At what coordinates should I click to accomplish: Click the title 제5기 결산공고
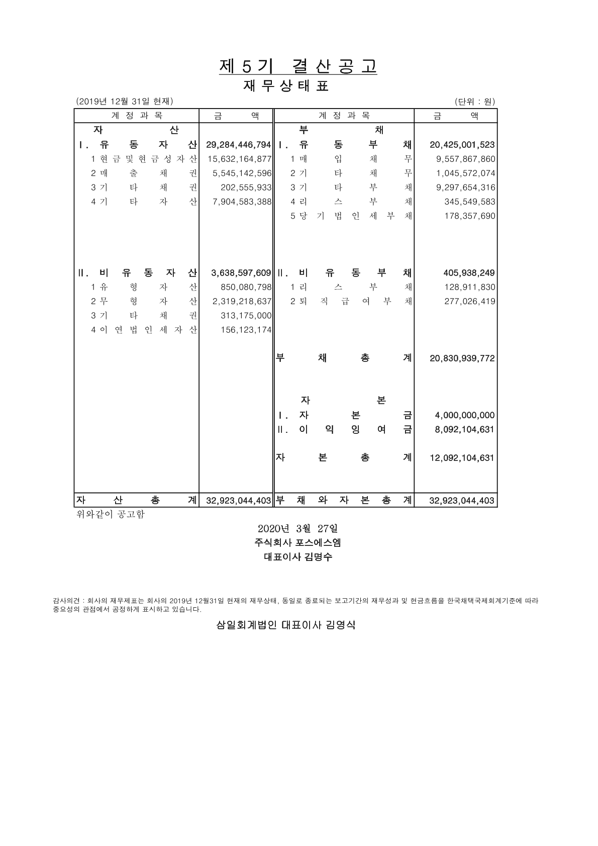[x=297, y=66]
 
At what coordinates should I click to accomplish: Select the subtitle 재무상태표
[x=286, y=86]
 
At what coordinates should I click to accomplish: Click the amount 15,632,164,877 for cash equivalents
[x=239, y=159]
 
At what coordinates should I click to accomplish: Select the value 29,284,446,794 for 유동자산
[x=238, y=145]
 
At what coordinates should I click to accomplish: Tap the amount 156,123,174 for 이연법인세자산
[x=246, y=330]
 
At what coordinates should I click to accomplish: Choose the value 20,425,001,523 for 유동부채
[x=462, y=145]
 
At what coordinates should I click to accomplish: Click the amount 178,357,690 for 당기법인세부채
[x=470, y=216]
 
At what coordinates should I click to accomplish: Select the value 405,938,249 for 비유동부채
[x=469, y=273]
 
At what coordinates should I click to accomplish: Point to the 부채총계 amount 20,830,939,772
[x=462, y=358]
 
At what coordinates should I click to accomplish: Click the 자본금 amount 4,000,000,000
[x=464, y=416]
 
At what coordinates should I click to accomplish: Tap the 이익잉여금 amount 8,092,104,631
[x=464, y=430]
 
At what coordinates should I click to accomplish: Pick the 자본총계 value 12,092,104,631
[x=462, y=458]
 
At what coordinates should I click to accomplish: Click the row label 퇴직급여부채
[x=351, y=302]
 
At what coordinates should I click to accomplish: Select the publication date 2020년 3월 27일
[x=297, y=529]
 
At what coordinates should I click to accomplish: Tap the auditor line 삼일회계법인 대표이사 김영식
[x=285, y=625]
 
